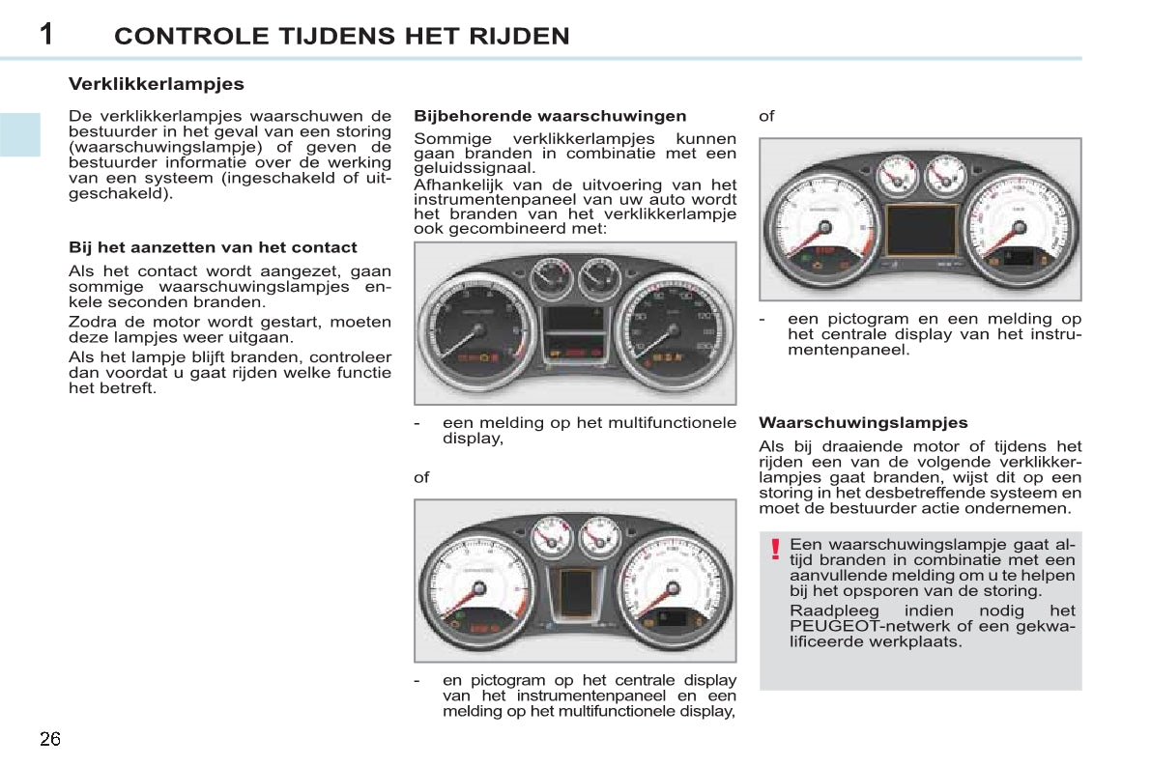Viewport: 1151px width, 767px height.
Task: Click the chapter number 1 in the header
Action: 46,34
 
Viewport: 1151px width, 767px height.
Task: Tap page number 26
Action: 50,739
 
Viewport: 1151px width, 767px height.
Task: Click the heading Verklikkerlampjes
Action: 157,84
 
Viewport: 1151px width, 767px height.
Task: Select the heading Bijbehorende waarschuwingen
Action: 550,116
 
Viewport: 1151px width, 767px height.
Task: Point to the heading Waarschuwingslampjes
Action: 863,423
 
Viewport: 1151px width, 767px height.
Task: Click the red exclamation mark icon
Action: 774,549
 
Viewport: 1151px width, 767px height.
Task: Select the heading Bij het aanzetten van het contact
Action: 213,247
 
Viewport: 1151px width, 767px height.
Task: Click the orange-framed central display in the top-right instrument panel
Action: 921,229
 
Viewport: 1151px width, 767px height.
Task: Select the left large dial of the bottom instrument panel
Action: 478,587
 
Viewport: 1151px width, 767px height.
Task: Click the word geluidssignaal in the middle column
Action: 475,169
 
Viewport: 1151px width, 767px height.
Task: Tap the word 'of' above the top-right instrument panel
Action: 766,116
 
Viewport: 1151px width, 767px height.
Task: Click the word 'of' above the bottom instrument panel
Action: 421,478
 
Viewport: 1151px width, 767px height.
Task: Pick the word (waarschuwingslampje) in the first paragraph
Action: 165,147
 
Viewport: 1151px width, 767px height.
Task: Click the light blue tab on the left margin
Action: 20,135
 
